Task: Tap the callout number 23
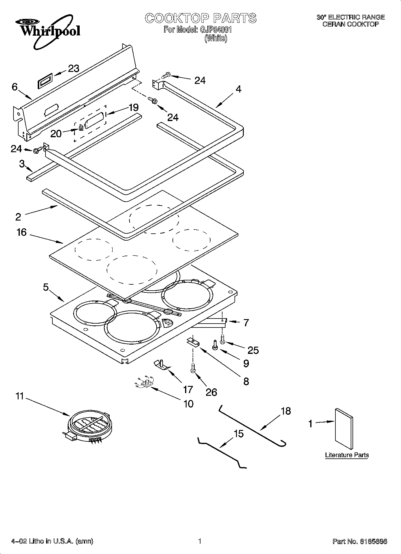click(x=73, y=69)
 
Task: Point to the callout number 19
click(x=133, y=107)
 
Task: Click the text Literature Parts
click(x=347, y=455)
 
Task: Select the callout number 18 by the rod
click(x=286, y=411)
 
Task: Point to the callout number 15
click(x=238, y=434)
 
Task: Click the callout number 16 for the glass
click(x=22, y=232)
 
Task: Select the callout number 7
click(x=246, y=323)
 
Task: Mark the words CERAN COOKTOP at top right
click(x=350, y=24)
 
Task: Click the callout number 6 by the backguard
click(x=15, y=87)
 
